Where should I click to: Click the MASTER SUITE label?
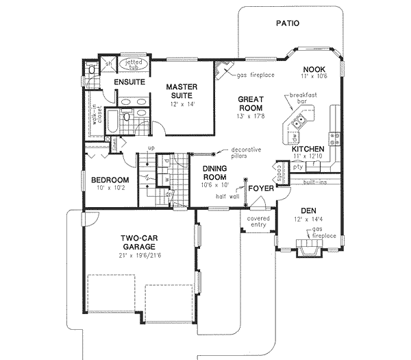pos(182,91)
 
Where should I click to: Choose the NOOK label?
pos(314,69)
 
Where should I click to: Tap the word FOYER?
pos(261,187)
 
